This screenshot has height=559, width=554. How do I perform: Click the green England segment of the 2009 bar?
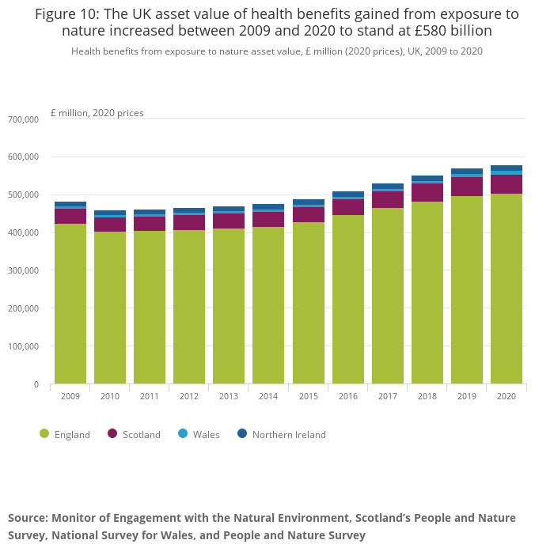[x=70, y=304]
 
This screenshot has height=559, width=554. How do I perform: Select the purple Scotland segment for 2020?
[x=507, y=184]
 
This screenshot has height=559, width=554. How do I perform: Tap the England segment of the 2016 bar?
[x=348, y=300]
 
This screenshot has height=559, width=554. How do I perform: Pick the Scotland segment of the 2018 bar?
[x=427, y=193]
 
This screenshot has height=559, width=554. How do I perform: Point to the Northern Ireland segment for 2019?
[x=467, y=171]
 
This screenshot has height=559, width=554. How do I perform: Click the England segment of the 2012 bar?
[x=189, y=308]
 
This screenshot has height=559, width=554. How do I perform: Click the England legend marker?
[x=44, y=433]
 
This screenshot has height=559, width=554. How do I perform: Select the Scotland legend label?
[x=142, y=434]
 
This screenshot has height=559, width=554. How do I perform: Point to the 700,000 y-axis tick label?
[x=24, y=119]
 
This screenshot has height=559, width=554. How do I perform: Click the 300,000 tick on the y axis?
[x=24, y=270]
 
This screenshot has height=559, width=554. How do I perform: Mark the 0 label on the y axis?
[x=36, y=384]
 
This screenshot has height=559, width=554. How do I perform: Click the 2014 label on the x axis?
[x=268, y=396]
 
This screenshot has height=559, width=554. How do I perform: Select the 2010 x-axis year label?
[x=110, y=396]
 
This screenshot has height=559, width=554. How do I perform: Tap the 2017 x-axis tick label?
[x=388, y=396]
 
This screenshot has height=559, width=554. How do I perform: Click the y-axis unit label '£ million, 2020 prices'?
[x=97, y=113]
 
